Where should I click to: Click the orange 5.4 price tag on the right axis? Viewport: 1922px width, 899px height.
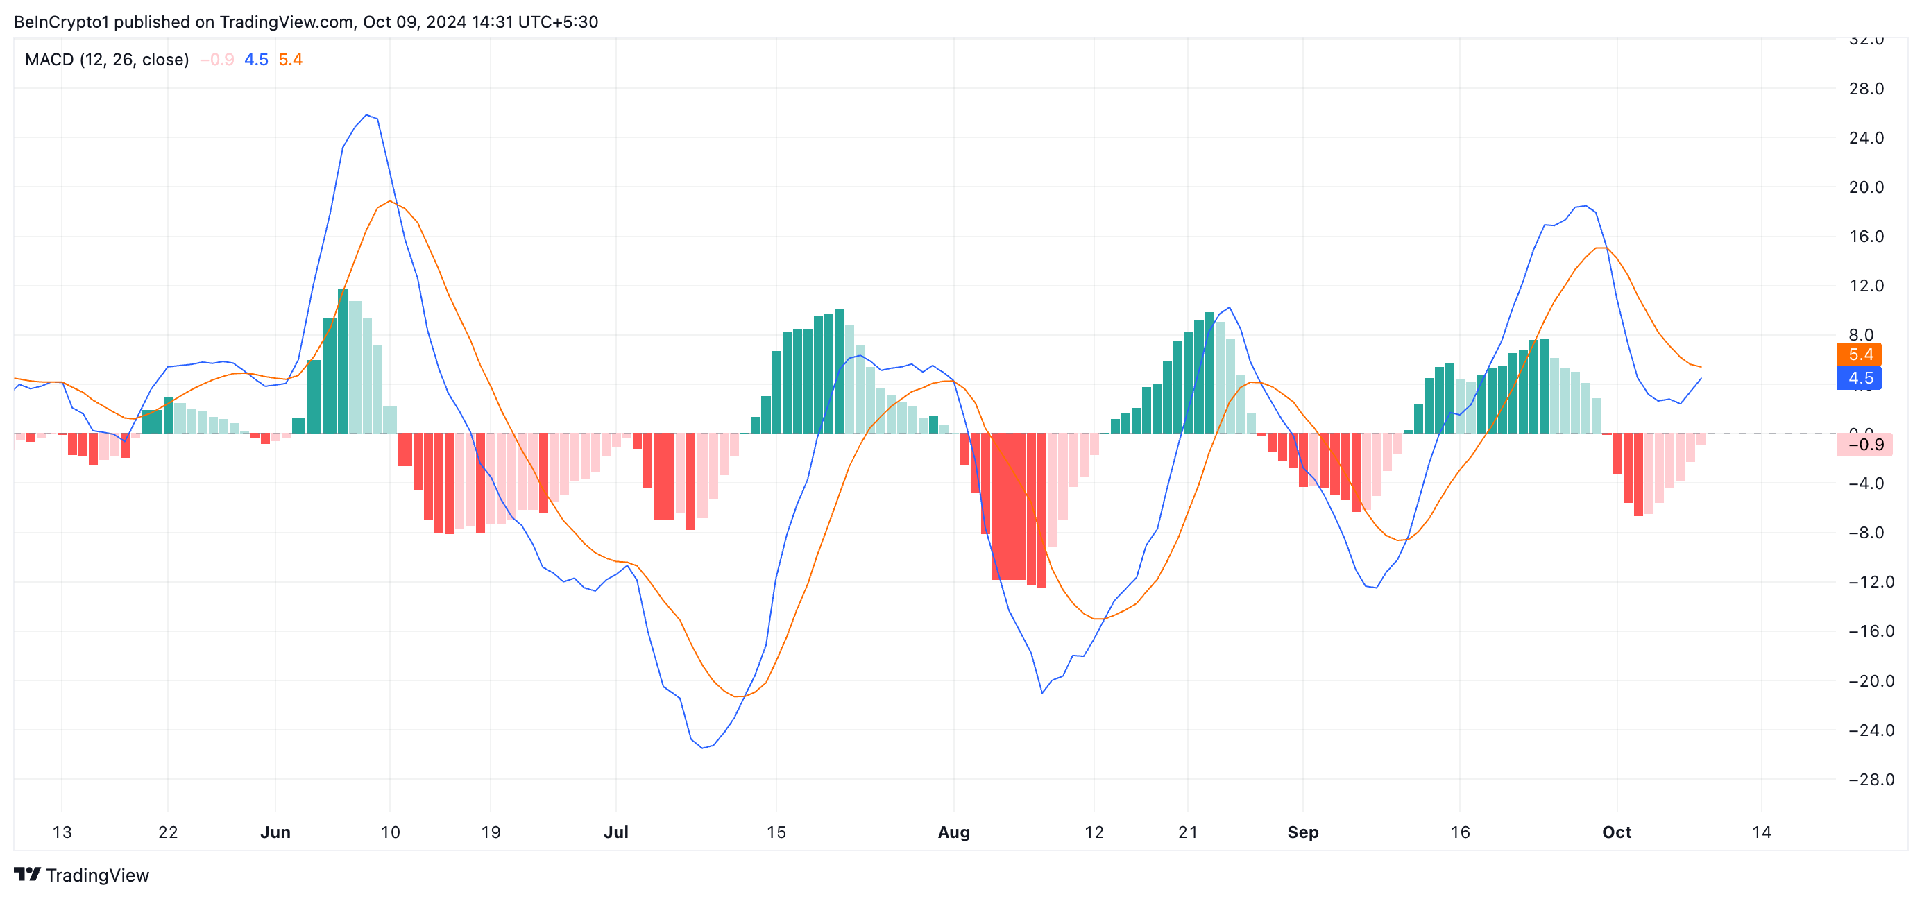[x=1859, y=354]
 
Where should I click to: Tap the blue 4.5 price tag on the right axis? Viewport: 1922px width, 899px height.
[x=1859, y=378]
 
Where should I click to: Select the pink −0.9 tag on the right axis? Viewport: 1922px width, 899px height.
[x=1864, y=445]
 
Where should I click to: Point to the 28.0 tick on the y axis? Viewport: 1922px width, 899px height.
[x=1865, y=89]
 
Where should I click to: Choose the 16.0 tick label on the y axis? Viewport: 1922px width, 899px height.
[x=1865, y=237]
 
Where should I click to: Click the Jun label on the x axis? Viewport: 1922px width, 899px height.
[x=275, y=832]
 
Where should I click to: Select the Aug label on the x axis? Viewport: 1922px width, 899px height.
[x=953, y=832]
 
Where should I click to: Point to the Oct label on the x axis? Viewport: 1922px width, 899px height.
[x=1616, y=832]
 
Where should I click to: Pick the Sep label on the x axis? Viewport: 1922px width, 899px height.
[x=1302, y=832]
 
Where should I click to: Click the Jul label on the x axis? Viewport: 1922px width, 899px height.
[x=616, y=832]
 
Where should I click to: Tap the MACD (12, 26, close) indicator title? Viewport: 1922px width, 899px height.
[x=107, y=60]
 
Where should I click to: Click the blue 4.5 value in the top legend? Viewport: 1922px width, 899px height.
[x=256, y=60]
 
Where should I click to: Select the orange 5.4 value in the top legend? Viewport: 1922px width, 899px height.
[x=290, y=60]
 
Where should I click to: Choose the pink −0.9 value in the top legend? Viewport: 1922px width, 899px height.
[x=217, y=60]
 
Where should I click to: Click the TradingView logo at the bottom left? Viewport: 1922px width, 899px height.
[x=82, y=875]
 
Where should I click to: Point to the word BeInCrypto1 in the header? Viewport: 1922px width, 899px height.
[x=61, y=22]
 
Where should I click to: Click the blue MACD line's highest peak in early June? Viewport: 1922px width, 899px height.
[x=366, y=115]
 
